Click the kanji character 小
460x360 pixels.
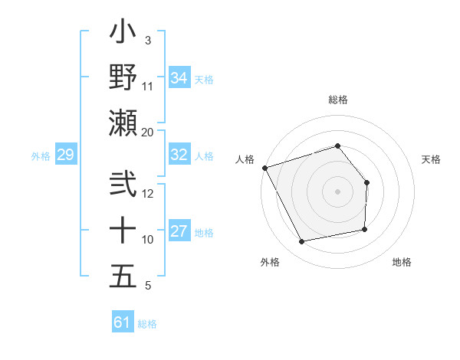click(123, 34)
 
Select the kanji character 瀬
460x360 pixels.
click(123, 123)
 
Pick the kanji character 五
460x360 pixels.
click(123, 276)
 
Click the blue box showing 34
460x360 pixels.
click(179, 77)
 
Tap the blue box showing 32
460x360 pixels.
click(179, 155)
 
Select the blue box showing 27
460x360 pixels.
click(179, 231)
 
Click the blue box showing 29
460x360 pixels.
click(65, 155)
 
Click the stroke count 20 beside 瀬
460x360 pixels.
click(148, 132)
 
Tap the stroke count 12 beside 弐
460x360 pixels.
click(148, 193)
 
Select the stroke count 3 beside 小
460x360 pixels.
click(147, 40)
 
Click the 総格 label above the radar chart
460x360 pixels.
click(337, 100)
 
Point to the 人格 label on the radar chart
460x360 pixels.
click(245, 159)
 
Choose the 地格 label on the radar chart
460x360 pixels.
click(402, 262)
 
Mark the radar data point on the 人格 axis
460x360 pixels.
click(264, 168)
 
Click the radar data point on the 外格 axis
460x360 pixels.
click(302, 242)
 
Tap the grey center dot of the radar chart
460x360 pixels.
click(337, 191)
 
